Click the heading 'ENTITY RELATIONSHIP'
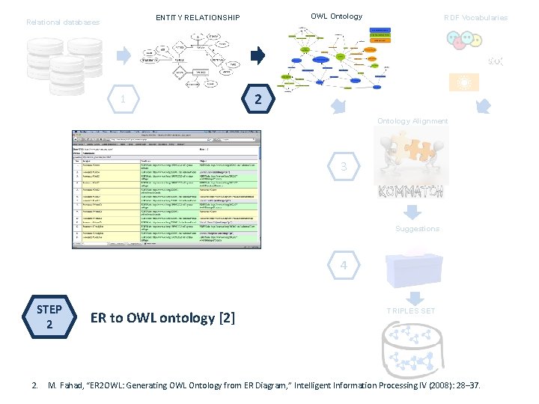198,18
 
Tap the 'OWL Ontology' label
336,16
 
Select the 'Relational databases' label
63,22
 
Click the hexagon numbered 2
257,100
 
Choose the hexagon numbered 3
343,168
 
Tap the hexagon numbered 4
343,266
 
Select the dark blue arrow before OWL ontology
258,55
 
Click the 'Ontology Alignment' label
412,121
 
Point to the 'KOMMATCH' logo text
410,192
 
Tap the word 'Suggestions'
417,229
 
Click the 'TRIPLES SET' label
410,310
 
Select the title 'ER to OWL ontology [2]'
162,318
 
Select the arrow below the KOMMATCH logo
410,212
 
